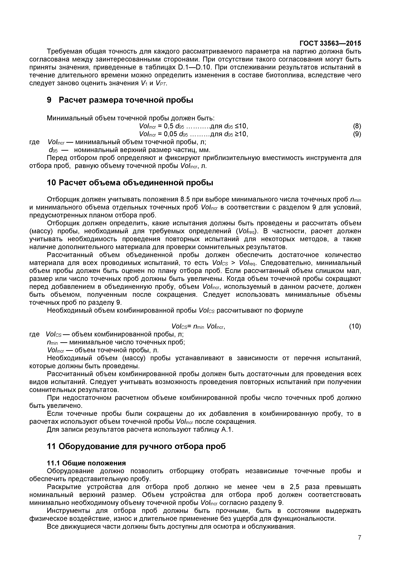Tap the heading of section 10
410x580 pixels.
(x=130, y=183)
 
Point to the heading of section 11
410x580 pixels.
(x=136, y=446)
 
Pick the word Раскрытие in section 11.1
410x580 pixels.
(x=64, y=487)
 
